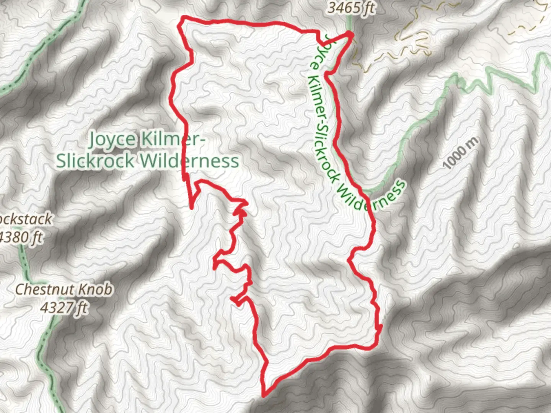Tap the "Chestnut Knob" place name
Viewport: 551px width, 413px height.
click(x=64, y=289)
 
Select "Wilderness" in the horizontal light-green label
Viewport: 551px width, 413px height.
click(x=189, y=161)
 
